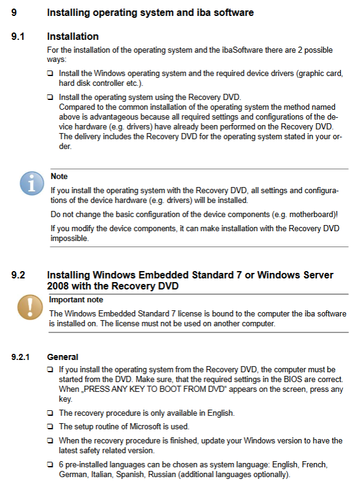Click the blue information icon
click(32, 183)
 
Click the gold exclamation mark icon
click(30, 307)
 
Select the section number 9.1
click(18, 37)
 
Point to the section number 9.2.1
click(20, 357)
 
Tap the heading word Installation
click(73, 37)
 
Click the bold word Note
click(59, 176)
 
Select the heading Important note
click(76, 299)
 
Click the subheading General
click(63, 357)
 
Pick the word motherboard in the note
click(312, 215)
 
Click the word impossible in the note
click(69, 238)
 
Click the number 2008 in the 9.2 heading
click(58, 286)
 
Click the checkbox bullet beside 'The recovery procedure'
click(50, 413)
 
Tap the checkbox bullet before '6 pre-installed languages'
click(50, 465)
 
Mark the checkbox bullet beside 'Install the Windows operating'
click(50, 74)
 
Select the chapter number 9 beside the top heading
click(14, 13)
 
